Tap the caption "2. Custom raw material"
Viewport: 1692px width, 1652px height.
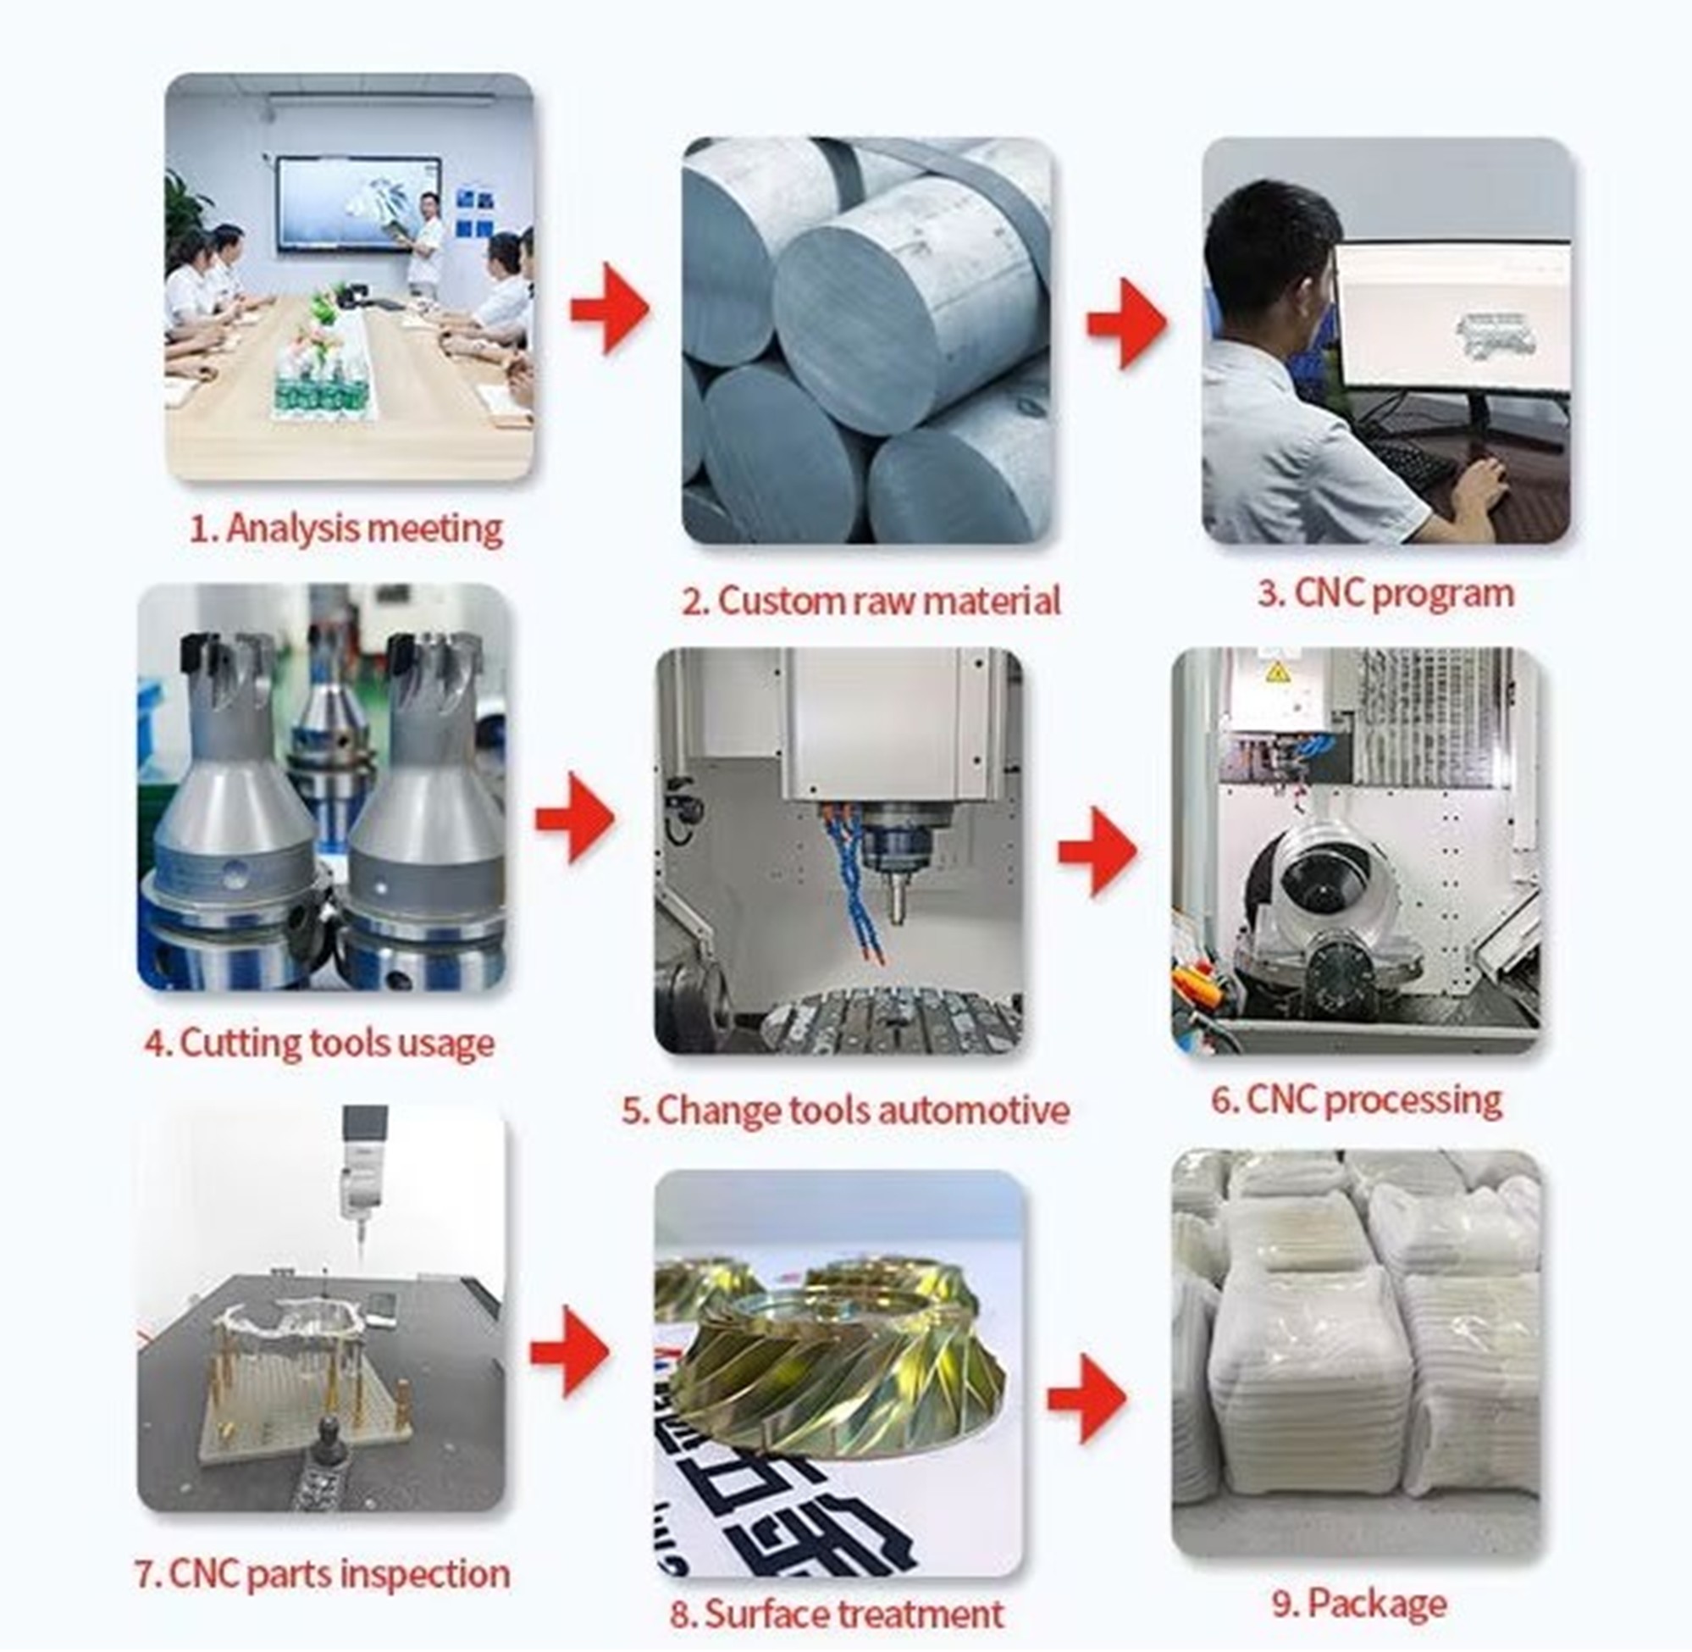click(x=870, y=601)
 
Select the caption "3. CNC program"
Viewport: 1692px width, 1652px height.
click(x=1385, y=594)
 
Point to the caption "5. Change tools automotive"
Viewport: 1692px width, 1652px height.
click(x=845, y=1110)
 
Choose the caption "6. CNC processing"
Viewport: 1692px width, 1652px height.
click(x=1356, y=1100)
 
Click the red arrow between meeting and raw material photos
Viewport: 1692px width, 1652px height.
click(x=610, y=310)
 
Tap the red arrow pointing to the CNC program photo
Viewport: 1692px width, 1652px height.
click(x=1126, y=323)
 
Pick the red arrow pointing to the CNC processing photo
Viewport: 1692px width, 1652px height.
click(x=1097, y=851)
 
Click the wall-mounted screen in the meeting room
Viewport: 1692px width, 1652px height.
click(x=357, y=204)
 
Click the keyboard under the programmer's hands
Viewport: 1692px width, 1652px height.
click(x=1409, y=464)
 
